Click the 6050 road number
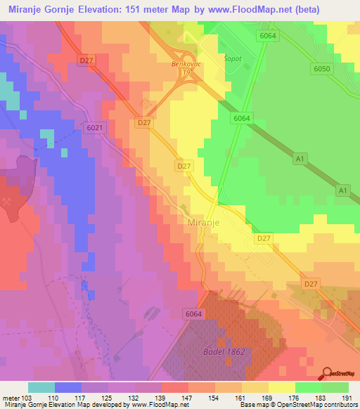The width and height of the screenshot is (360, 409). (322, 68)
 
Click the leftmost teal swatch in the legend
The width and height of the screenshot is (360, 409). (41, 387)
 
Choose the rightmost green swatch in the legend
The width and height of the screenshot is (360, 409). (335, 387)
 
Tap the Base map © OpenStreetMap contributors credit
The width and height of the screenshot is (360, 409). (298, 405)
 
